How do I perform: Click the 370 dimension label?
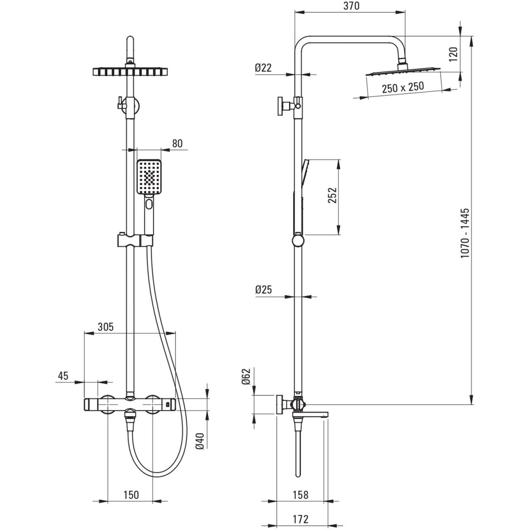pyautogui.click(x=351, y=6)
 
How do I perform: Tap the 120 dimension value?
pyautogui.click(x=454, y=54)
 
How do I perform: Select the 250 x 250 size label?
pyautogui.click(x=403, y=87)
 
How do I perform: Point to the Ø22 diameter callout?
pyautogui.click(x=263, y=68)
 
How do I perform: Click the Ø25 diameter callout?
pyautogui.click(x=264, y=290)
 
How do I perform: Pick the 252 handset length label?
pyautogui.click(x=332, y=195)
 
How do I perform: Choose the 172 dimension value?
pyautogui.click(x=301, y=519)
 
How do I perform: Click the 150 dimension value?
pyautogui.click(x=131, y=495)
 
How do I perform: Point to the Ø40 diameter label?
pyautogui.click(x=200, y=441)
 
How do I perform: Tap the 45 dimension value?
pyautogui.click(x=63, y=376)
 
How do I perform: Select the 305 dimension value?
pyautogui.click(x=106, y=327)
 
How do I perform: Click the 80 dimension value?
pyautogui.click(x=178, y=144)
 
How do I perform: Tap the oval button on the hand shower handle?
pyautogui.click(x=149, y=204)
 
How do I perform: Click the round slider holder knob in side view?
pyautogui.click(x=298, y=241)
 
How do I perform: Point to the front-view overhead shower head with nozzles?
pyautogui.click(x=130, y=72)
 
